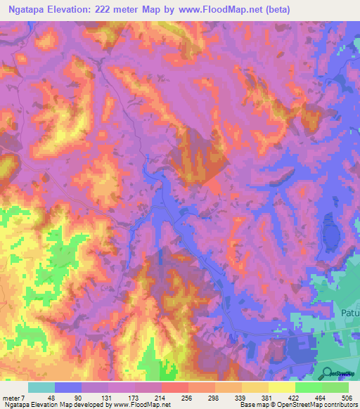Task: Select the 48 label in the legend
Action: click(50, 398)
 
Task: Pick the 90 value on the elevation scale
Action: click(77, 398)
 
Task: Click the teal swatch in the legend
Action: click(41, 387)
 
